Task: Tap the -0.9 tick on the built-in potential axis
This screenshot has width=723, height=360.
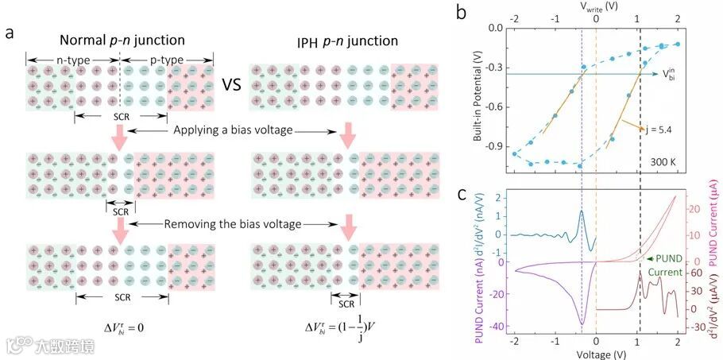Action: (494, 146)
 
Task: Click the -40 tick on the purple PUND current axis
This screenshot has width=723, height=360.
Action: (497, 327)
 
